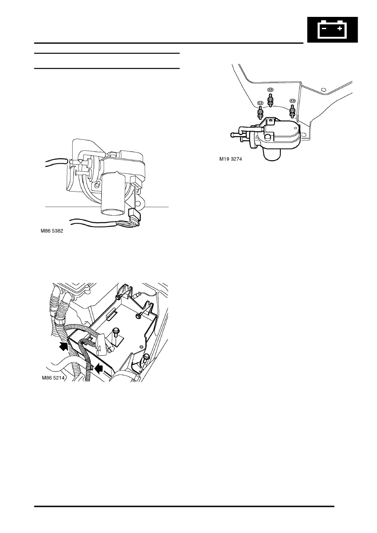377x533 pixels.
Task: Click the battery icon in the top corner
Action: click(x=333, y=30)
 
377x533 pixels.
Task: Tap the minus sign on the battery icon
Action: click(x=324, y=29)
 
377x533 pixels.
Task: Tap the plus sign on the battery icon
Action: click(x=339, y=29)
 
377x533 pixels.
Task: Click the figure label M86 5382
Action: click(x=52, y=231)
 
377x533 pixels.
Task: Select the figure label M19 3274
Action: click(x=231, y=159)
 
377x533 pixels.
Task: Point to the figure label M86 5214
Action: click(x=53, y=378)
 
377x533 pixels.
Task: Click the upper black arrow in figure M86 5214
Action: click(x=63, y=346)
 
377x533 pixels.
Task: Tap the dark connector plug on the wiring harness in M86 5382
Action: click(x=135, y=214)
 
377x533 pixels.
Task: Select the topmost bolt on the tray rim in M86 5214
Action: click(x=118, y=298)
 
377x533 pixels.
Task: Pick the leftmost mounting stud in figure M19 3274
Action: click(x=260, y=113)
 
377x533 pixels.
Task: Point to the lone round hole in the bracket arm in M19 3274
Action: click(x=323, y=90)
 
